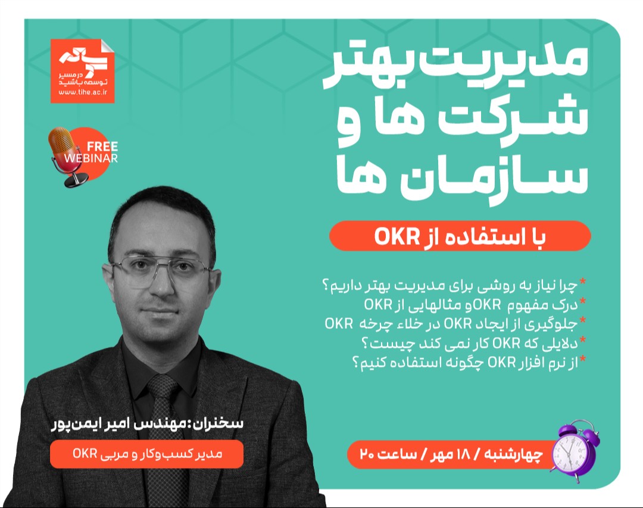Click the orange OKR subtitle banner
[460, 236]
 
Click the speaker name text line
[146, 426]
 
